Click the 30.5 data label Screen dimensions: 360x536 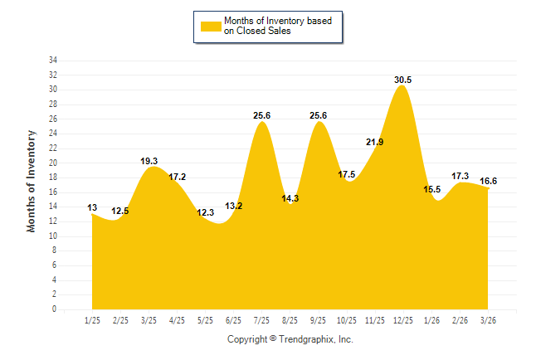click(x=403, y=80)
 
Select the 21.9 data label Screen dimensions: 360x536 click(x=374, y=142)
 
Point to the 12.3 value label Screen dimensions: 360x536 click(x=205, y=213)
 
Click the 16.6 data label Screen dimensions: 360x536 click(x=489, y=180)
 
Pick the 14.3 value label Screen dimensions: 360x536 click(x=290, y=198)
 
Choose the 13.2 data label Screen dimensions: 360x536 click(x=233, y=206)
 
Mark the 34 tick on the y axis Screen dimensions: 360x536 click(x=52, y=61)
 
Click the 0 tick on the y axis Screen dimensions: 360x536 click(x=55, y=309)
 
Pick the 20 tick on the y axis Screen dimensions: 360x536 click(x=52, y=163)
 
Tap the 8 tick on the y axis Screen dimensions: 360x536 click(x=55, y=251)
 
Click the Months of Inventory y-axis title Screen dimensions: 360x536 click(x=32, y=181)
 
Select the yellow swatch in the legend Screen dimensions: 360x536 click(x=211, y=26)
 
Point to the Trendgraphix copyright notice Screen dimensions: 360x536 click(x=290, y=339)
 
